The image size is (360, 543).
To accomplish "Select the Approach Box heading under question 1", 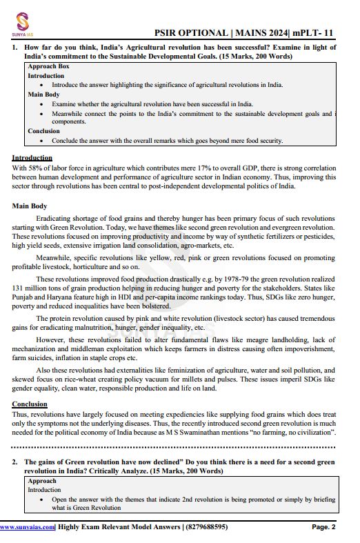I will click(x=48, y=66).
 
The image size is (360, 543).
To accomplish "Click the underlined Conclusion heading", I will click(x=30, y=404).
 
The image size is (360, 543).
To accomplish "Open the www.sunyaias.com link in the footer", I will click(x=27, y=526).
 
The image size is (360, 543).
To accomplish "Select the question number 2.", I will click(x=15, y=462).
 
